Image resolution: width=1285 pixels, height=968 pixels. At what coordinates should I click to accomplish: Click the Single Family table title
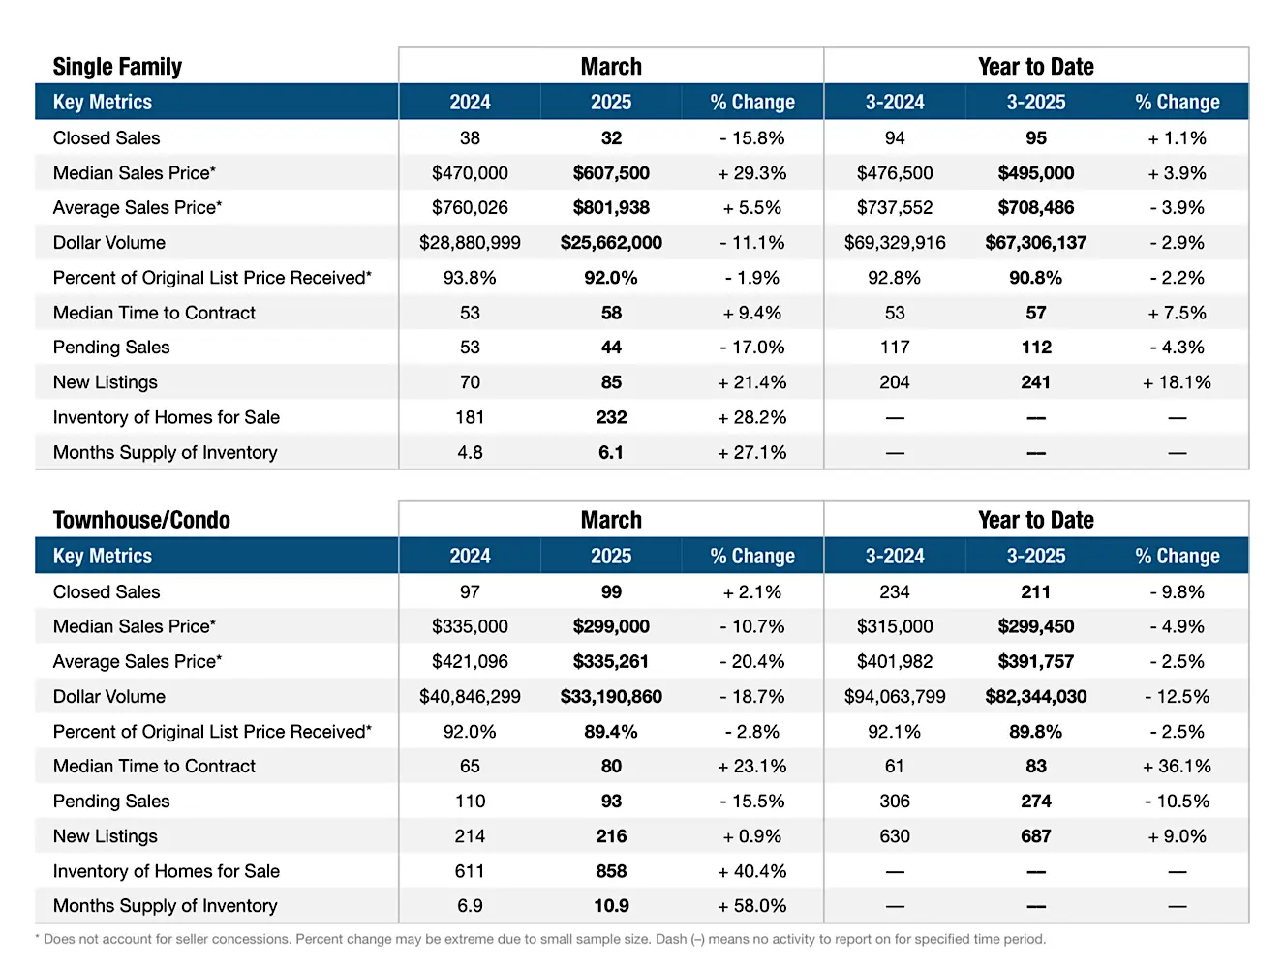click(117, 66)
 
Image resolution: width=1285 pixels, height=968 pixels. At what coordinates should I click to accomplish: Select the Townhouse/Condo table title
click(141, 520)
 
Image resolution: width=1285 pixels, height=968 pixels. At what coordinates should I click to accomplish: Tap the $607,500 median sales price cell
click(611, 172)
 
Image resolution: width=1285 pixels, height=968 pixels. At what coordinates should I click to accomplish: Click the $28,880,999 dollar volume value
click(470, 242)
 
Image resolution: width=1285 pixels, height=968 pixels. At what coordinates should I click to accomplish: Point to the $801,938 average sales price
click(611, 207)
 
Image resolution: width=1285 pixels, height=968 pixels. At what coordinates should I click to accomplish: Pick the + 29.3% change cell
click(751, 172)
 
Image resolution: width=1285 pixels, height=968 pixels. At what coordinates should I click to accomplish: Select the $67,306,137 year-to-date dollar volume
click(1035, 242)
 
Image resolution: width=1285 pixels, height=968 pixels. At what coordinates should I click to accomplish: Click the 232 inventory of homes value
click(611, 416)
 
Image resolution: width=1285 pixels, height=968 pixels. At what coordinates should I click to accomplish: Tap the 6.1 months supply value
click(611, 452)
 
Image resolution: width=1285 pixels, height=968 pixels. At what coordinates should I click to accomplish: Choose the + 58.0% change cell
click(751, 905)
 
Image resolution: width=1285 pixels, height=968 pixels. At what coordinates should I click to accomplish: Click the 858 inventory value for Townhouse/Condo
click(611, 871)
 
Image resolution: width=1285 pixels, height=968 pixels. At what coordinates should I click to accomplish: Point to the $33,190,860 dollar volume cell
click(611, 696)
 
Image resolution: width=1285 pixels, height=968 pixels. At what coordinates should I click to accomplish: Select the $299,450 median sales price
click(1035, 626)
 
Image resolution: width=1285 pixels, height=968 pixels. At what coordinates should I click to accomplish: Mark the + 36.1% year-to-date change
click(1177, 766)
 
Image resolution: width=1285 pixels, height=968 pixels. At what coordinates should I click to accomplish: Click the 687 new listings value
click(1035, 835)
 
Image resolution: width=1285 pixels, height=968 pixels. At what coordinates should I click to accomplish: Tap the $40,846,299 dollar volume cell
click(470, 696)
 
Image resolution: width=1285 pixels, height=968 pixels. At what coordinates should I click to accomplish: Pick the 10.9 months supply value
click(611, 905)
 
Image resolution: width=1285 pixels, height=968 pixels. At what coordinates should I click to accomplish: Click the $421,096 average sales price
click(470, 661)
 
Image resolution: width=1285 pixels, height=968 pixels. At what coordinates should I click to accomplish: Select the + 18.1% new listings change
click(1177, 382)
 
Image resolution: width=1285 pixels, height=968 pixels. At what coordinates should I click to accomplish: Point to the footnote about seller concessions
click(539, 939)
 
